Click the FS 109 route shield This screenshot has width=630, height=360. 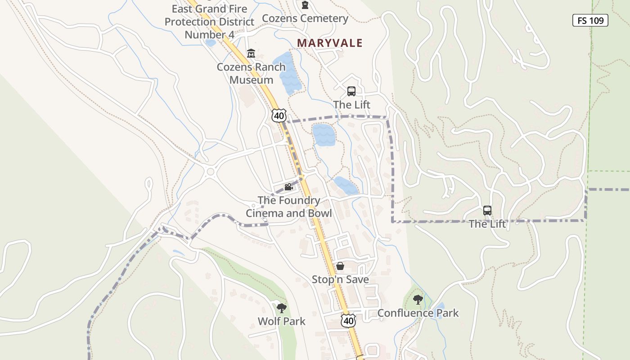pyautogui.click(x=590, y=20)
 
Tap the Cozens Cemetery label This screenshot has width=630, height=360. pyautogui.click(x=305, y=18)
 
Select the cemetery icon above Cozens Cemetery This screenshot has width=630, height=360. pyautogui.click(x=306, y=5)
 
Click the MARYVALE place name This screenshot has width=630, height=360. pyautogui.click(x=330, y=43)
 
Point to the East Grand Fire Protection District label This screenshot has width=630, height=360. pyautogui.click(x=209, y=22)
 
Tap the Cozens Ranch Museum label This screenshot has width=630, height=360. pyautogui.click(x=251, y=73)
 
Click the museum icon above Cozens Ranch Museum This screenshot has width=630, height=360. pyautogui.click(x=251, y=54)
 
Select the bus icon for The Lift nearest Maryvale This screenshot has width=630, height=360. pyautogui.click(x=351, y=91)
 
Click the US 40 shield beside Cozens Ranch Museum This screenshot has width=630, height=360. pyautogui.click(x=279, y=115)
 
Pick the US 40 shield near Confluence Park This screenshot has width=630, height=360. pyautogui.click(x=348, y=320)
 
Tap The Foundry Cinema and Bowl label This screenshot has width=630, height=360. pyautogui.click(x=289, y=207)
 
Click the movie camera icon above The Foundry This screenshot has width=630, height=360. pyautogui.click(x=288, y=187)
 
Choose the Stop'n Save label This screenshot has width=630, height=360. pyautogui.click(x=340, y=279)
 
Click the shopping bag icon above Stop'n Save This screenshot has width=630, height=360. pyautogui.click(x=340, y=266)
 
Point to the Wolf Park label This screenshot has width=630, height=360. pyautogui.click(x=282, y=321)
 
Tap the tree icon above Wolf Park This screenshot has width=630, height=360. pyautogui.click(x=282, y=308)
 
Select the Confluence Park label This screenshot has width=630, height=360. pyautogui.click(x=418, y=313)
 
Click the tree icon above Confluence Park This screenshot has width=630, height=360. pyautogui.click(x=418, y=299)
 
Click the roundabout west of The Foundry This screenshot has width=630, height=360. pyautogui.click(x=210, y=171)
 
